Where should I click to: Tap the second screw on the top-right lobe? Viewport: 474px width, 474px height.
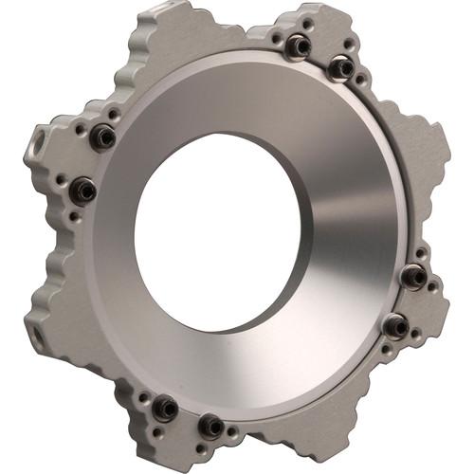(340, 67)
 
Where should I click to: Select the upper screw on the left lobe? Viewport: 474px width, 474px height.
(102, 137)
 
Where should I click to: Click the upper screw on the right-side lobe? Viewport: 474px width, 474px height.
(413, 276)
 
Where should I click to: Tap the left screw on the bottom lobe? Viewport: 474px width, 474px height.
(164, 408)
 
